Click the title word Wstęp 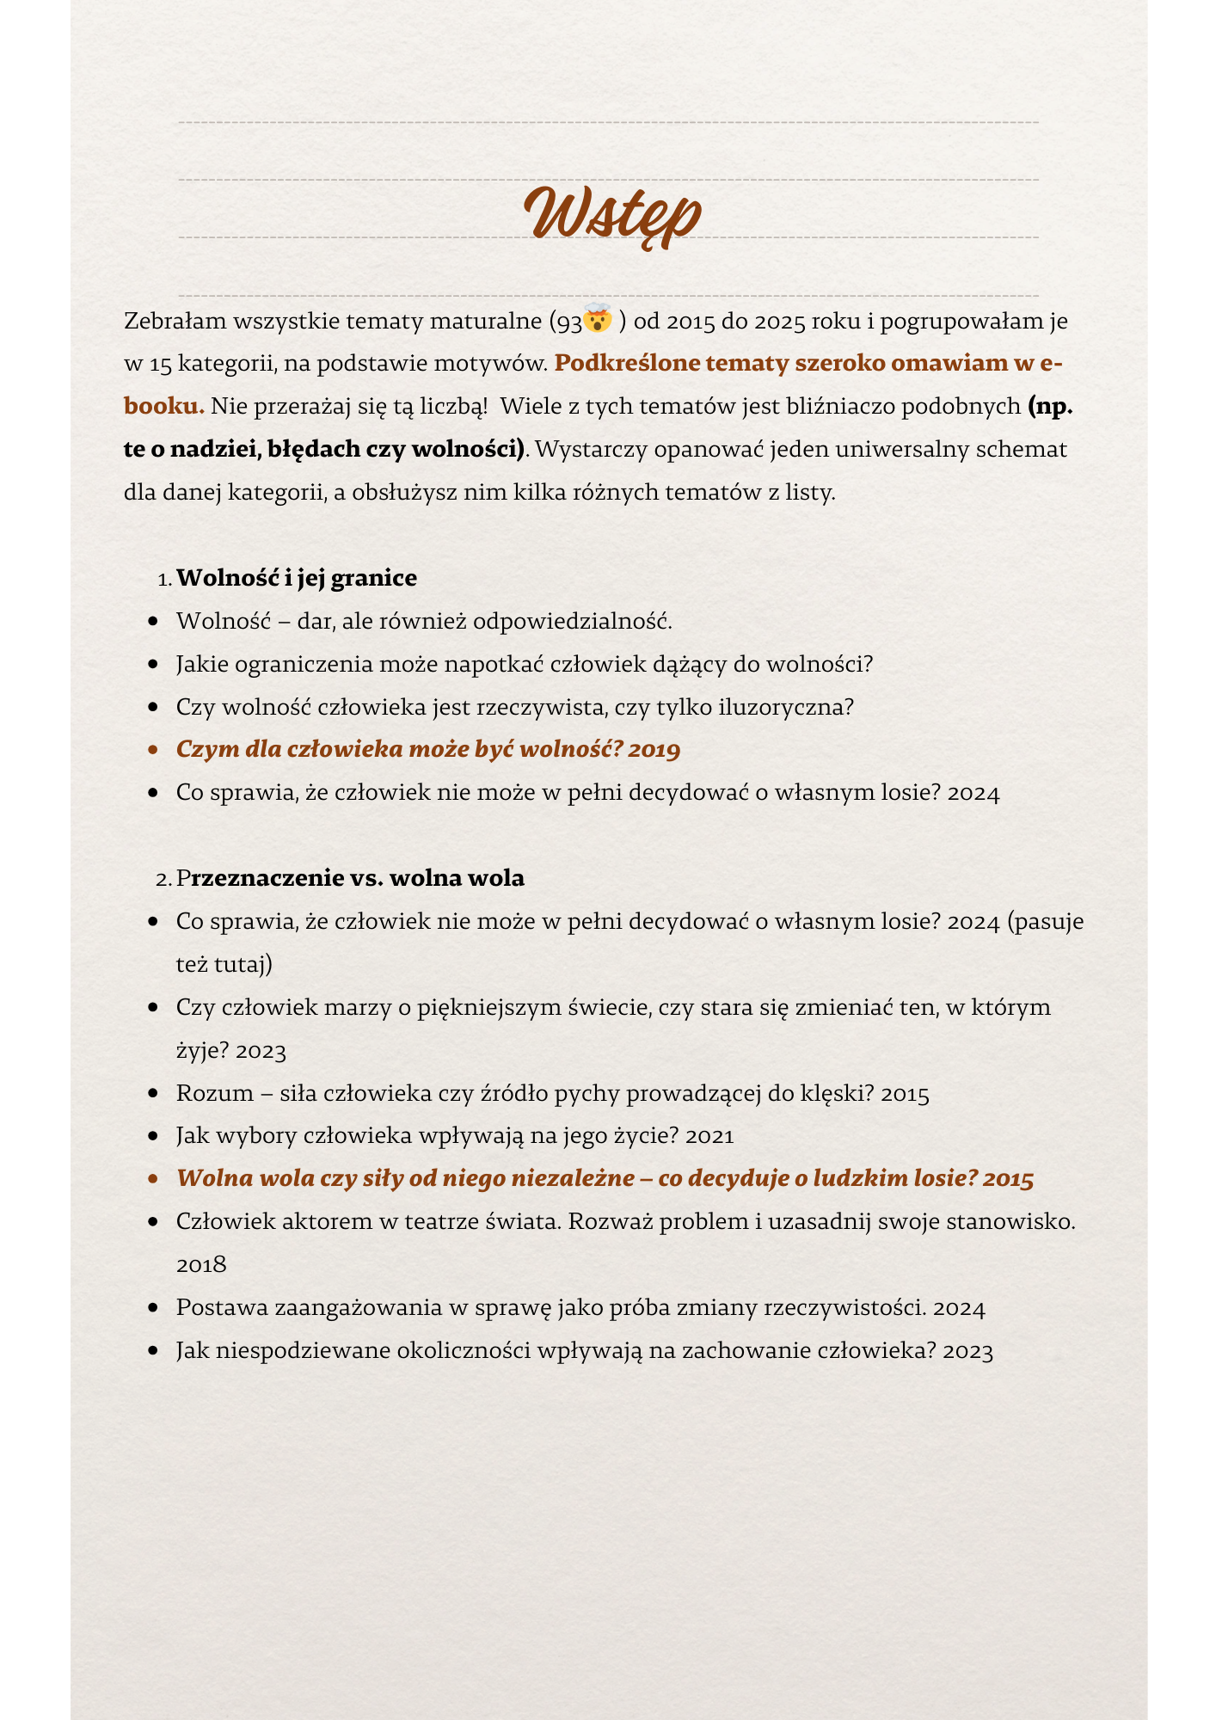pos(612,213)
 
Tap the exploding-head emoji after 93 pos(598,319)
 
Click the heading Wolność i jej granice pos(297,578)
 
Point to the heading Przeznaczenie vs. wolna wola pos(351,878)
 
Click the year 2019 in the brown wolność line pos(654,750)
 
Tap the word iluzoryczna pos(799,707)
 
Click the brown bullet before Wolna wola pos(152,1179)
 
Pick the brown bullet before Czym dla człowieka pos(152,750)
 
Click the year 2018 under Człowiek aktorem pos(201,1265)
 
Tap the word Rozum pos(214,1094)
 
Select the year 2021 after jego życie pos(710,1137)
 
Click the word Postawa pos(221,1308)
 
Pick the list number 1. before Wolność pos(165,580)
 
